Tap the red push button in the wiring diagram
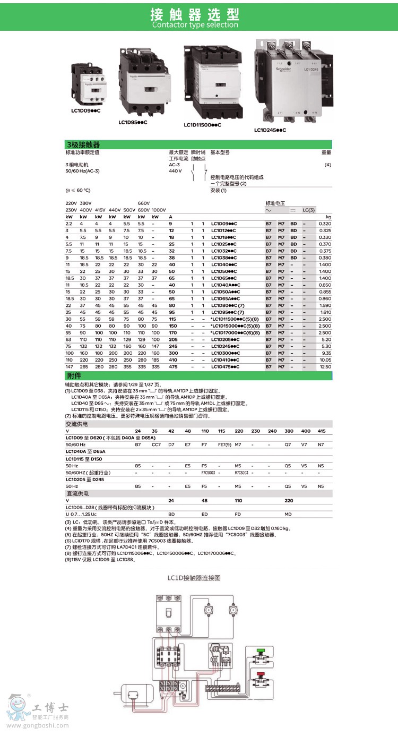coord(261,674)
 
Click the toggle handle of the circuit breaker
coord(170,611)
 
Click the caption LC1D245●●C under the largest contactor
coord(270,130)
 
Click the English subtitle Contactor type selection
coord(195,25)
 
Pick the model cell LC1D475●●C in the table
coord(226,366)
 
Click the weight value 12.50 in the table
coord(324,366)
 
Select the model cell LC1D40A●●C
coord(226,285)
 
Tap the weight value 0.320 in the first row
coord(324,224)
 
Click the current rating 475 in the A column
coord(172,366)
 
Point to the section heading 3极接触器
coord(83,144)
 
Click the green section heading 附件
coord(74,375)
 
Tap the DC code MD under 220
coord(288,514)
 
